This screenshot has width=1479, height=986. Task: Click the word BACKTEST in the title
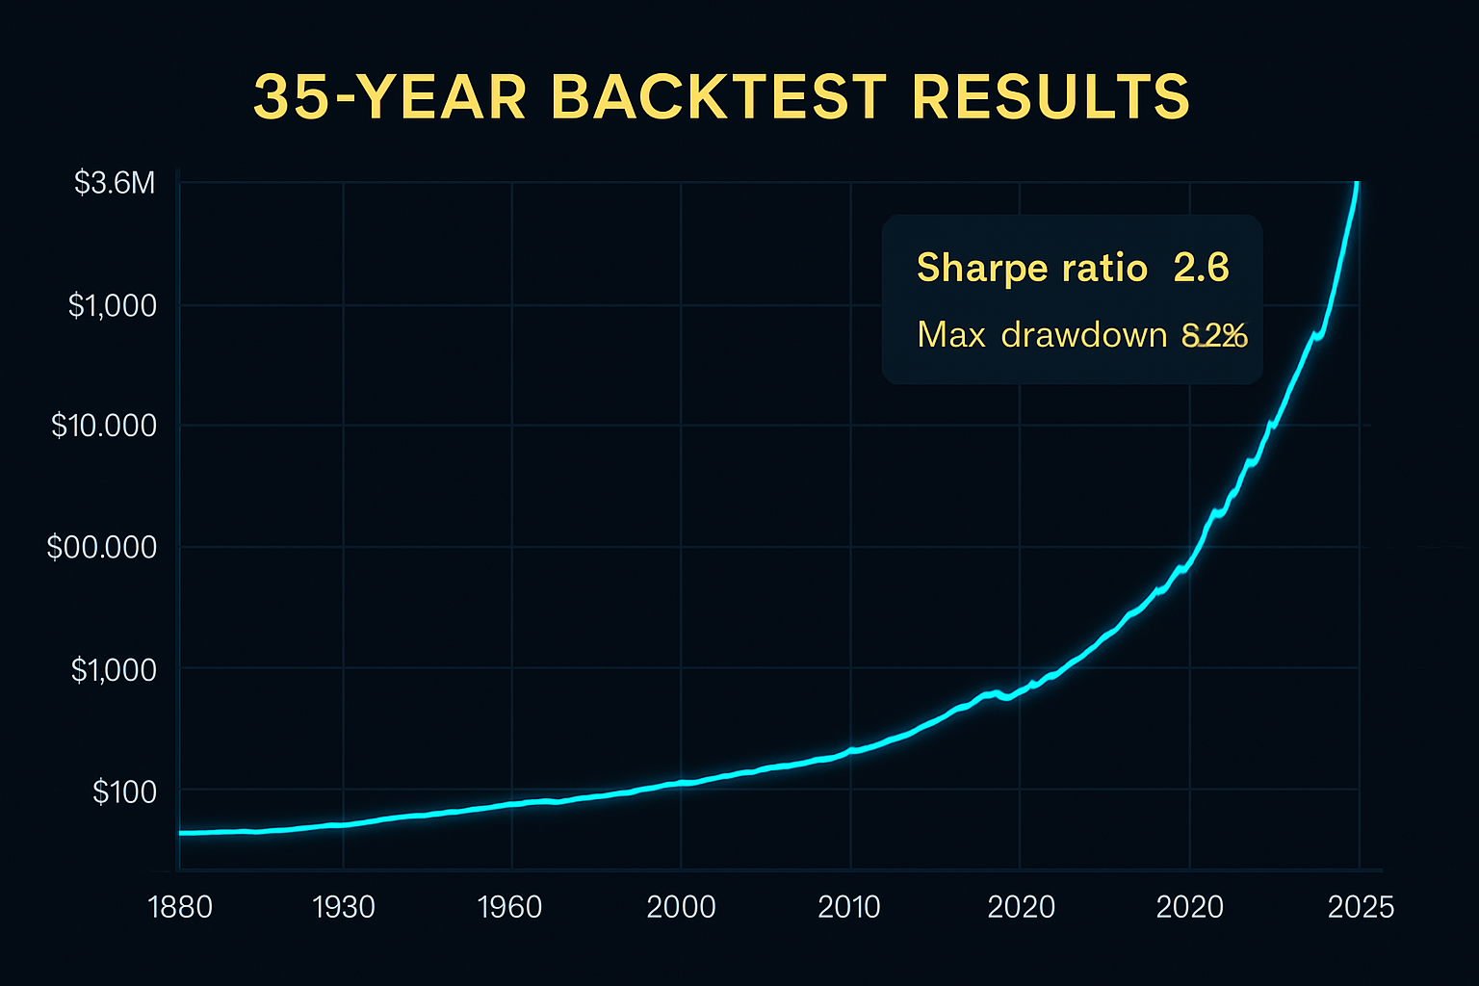point(719,97)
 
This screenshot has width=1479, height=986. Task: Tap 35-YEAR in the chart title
point(390,97)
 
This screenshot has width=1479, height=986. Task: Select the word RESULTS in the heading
point(1051,97)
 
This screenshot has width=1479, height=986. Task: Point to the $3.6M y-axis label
point(115,183)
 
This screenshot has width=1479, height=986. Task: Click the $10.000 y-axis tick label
point(104,426)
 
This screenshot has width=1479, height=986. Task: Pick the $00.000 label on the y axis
point(102,548)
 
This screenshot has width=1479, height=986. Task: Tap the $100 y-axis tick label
point(124,792)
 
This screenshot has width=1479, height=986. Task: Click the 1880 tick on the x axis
point(180,907)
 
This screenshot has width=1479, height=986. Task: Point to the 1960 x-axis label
point(510,907)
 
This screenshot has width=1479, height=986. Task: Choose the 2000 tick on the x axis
point(681,907)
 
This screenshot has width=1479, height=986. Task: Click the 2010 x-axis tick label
point(849,907)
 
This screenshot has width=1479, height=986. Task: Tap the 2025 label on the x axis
point(1361,907)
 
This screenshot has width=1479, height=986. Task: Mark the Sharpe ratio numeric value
point(1202,268)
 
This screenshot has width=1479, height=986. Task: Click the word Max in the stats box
point(951,335)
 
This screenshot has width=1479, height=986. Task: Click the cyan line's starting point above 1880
point(182,833)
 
